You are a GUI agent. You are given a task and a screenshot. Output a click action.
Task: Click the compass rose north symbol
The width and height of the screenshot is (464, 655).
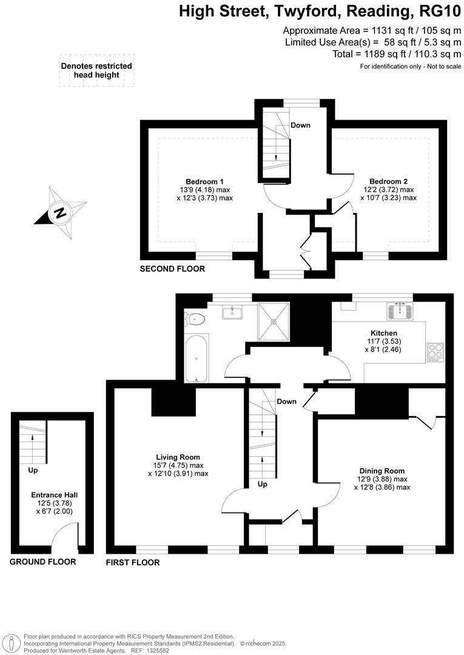pyautogui.click(x=59, y=212)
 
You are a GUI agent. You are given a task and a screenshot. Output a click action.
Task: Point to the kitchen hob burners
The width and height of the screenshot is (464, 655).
pyautogui.click(x=435, y=352)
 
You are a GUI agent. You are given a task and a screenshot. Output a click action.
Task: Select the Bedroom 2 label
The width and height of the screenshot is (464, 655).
pyautogui.click(x=388, y=181)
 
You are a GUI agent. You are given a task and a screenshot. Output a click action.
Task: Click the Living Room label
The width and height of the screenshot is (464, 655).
pyautogui.click(x=178, y=457)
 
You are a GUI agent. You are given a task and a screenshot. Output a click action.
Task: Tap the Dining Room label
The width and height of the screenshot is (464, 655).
pyautogui.click(x=382, y=471)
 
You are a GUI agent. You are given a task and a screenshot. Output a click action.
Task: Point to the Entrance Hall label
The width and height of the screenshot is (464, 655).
pyautogui.click(x=55, y=495)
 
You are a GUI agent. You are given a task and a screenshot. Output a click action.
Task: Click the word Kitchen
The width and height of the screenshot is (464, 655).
pyautogui.click(x=384, y=333)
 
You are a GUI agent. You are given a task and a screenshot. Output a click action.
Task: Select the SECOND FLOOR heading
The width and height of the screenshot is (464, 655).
pyautogui.click(x=172, y=269)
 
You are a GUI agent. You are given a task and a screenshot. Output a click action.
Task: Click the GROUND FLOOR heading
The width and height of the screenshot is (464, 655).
pyautogui.click(x=42, y=562)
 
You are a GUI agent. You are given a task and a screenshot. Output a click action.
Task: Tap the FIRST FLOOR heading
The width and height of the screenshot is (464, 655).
pyautogui.click(x=133, y=563)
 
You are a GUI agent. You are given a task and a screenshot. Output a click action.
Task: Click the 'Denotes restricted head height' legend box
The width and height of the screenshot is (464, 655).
pyautogui.click(x=96, y=71)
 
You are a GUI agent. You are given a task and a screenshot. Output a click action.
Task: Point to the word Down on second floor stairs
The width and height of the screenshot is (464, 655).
pyautogui.click(x=300, y=126)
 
